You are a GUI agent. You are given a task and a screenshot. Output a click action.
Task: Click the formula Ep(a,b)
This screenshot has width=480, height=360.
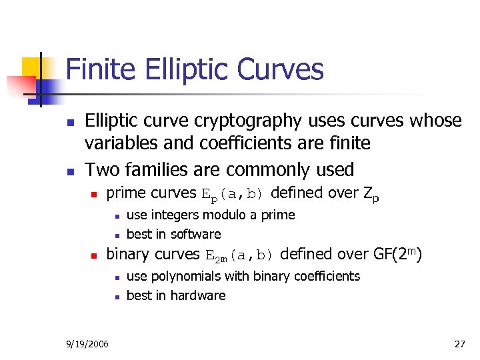(x=233, y=195)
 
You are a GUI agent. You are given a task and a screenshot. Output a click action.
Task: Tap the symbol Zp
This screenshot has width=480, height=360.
(x=371, y=195)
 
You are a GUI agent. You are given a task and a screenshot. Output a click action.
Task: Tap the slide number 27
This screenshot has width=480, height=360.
(x=459, y=344)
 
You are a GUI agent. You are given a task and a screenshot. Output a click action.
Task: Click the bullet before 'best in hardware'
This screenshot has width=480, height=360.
(x=116, y=296)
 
